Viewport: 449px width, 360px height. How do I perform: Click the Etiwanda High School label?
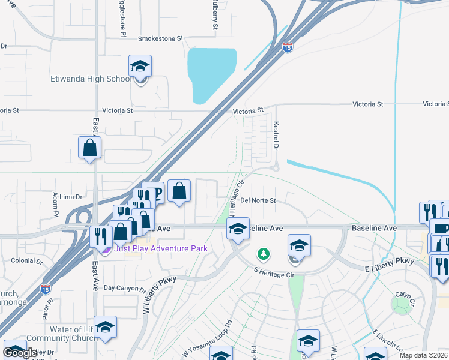point(89,79)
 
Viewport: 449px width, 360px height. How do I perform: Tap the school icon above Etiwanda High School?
point(140,67)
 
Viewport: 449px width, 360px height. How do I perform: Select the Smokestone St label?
point(160,38)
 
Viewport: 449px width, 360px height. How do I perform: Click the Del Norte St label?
point(258,200)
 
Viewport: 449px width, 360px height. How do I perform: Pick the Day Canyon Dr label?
point(124,289)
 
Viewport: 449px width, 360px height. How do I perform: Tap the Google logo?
point(20,353)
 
